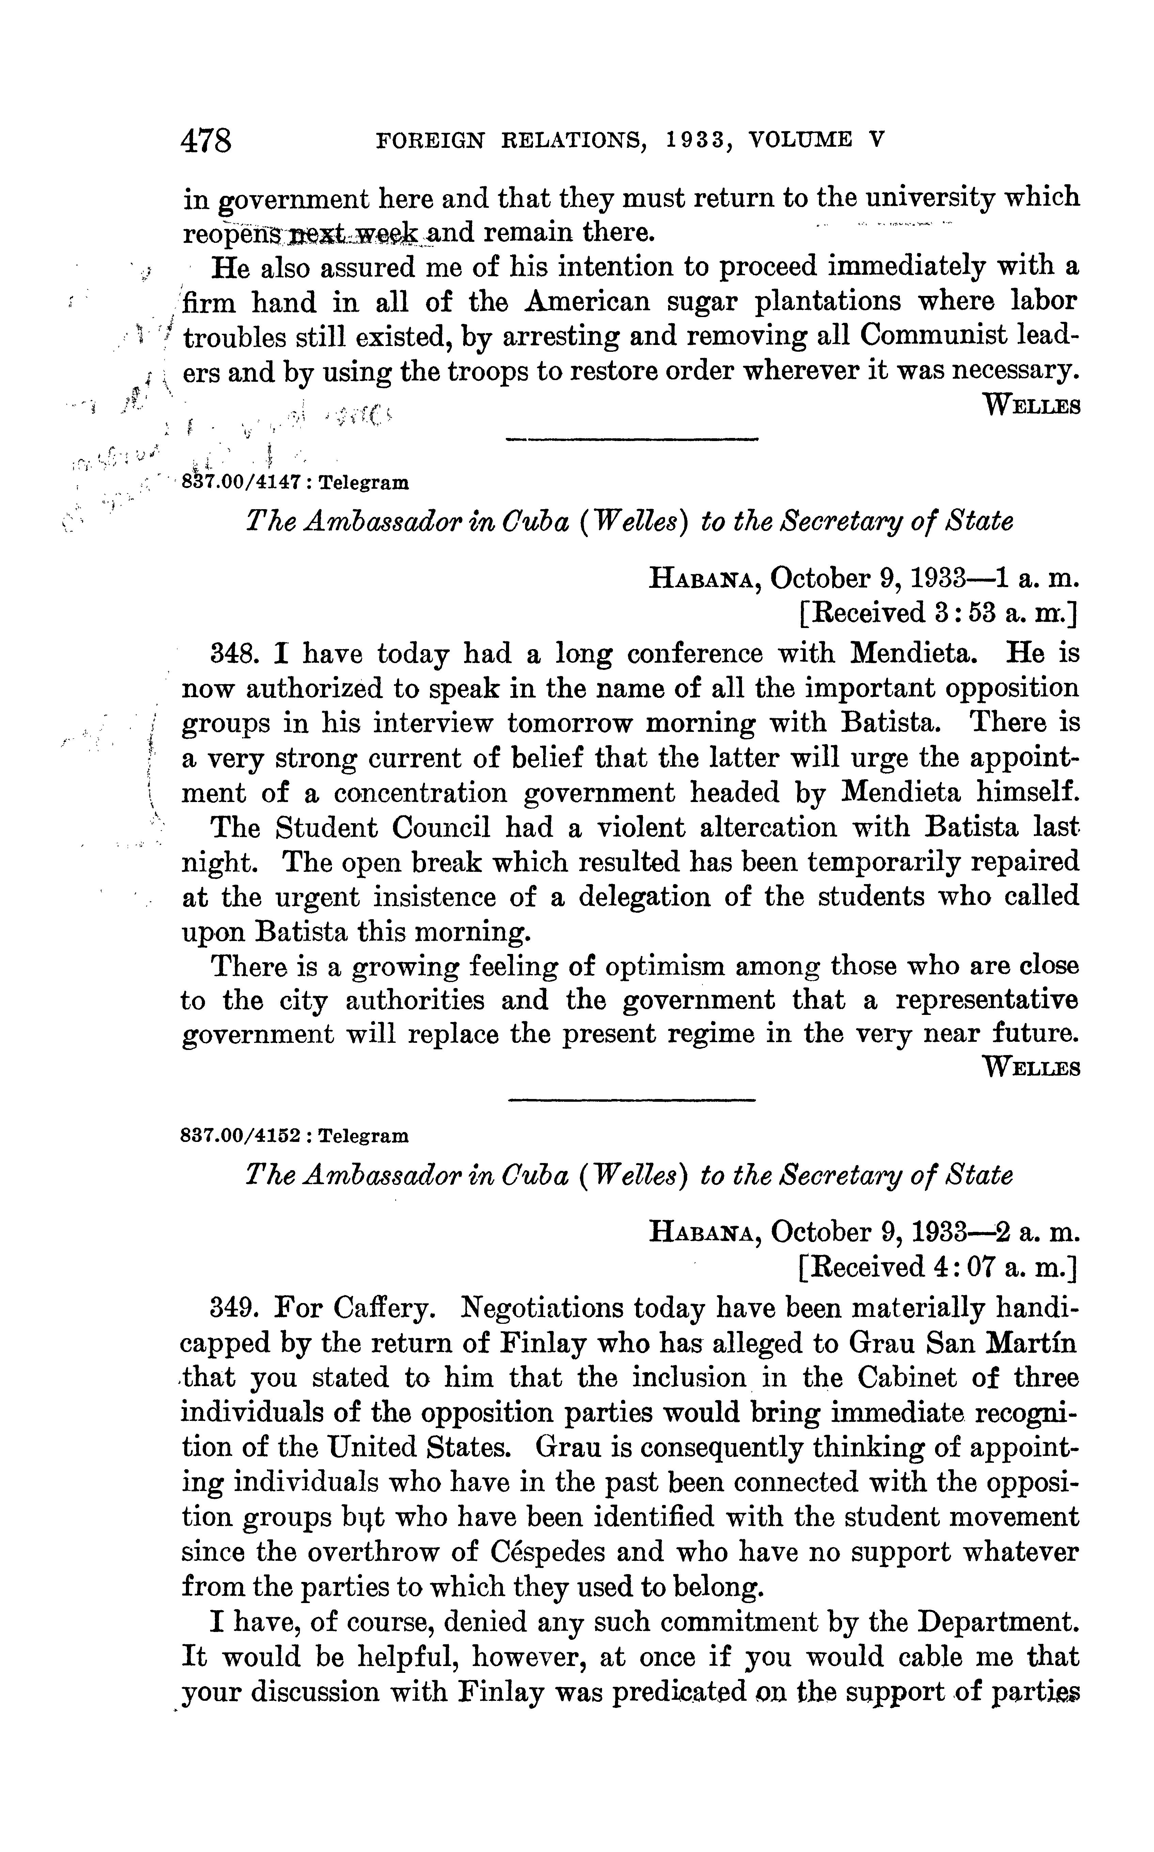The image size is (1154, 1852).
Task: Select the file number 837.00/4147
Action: coord(246,483)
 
